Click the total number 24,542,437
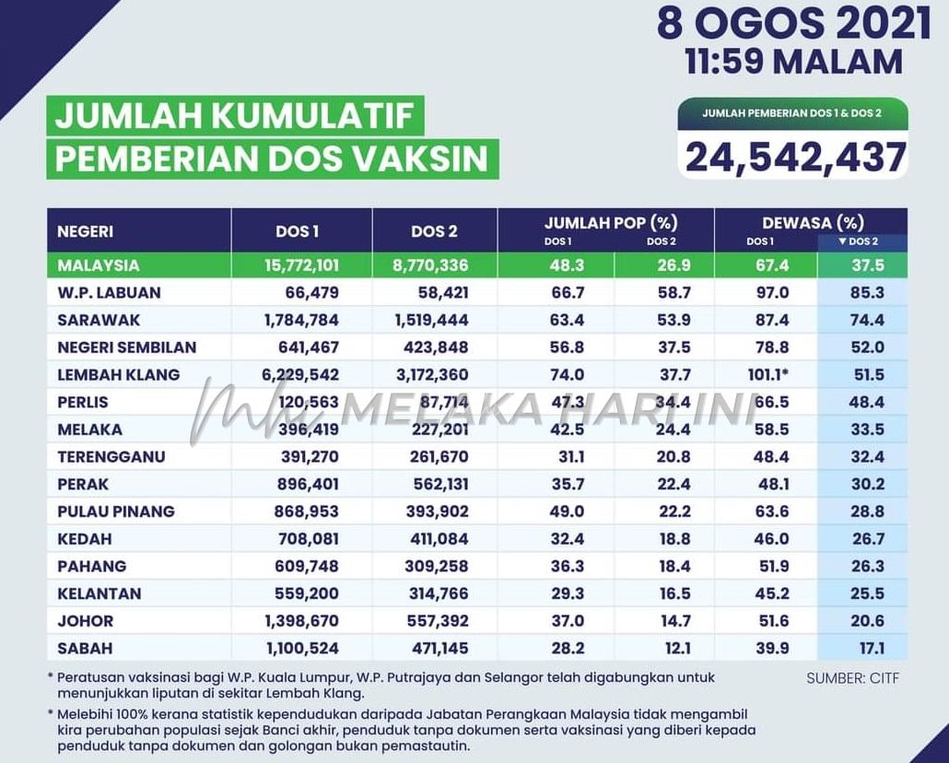pyautogui.click(x=794, y=157)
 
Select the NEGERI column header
pyautogui.click(x=86, y=231)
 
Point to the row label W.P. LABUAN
pyautogui.click(x=109, y=293)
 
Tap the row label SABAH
pyautogui.click(x=85, y=648)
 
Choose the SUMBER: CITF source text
pyautogui.click(x=852, y=678)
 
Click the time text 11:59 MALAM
pyautogui.click(x=793, y=62)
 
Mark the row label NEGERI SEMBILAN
pyautogui.click(x=126, y=347)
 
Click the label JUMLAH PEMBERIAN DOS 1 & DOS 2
pyautogui.click(x=792, y=113)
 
